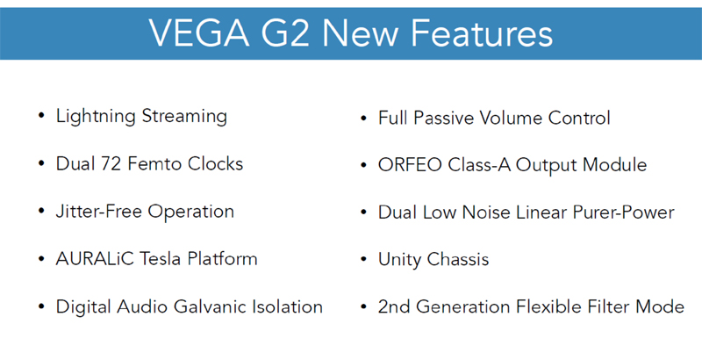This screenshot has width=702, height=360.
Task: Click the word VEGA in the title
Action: pyautogui.click(x=199, y=34)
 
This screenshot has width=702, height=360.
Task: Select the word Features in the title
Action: pyautogui.click(x=482, y=34)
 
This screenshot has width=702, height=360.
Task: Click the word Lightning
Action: pyautogui.click(x=96, y=117)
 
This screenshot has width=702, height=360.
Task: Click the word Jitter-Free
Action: pyautogui.click(x=99, y=212)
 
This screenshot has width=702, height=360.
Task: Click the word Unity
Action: pyautogui.click(x=399, y=260)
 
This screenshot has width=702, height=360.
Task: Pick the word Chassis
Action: pyautogui.click(x=457, y=260)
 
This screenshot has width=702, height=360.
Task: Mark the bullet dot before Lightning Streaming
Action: pyautogui.click(x=41, y=116)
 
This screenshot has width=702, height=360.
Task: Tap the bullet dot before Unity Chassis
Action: pyautogui.click(x=364, y=259)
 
